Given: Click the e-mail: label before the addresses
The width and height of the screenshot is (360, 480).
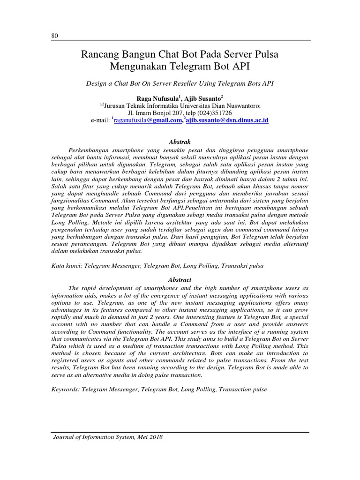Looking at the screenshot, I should point(101,121).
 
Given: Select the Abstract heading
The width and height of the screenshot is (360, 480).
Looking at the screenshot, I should point(180,280).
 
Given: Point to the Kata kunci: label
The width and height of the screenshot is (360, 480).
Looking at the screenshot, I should point(66,265).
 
